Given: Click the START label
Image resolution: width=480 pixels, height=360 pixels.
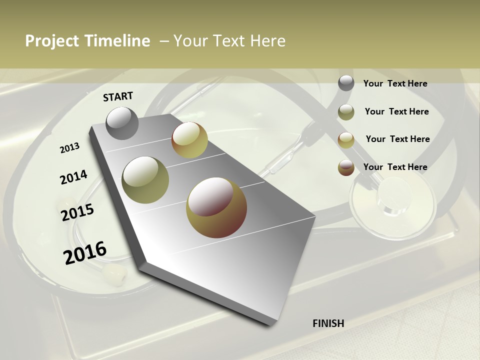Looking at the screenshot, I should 118,96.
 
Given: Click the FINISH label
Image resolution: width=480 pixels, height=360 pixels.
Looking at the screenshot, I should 328,323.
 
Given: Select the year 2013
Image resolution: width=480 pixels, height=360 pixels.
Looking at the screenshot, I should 70,147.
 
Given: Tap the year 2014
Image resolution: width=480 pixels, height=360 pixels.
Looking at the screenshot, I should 73,177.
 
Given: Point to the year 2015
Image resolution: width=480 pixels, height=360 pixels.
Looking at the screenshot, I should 77,212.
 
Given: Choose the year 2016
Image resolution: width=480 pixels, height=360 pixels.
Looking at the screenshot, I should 85,252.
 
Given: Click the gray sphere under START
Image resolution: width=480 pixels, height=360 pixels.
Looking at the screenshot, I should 122,123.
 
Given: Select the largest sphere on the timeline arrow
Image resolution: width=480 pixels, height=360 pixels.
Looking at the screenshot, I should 216,207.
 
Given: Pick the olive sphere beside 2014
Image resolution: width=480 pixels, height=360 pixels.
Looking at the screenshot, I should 145,179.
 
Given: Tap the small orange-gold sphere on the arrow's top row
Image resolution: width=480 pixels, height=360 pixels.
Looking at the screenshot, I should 189,140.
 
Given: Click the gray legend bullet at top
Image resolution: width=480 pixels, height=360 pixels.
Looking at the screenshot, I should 346,83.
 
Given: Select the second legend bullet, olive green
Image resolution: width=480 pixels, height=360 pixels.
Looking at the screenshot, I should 346,112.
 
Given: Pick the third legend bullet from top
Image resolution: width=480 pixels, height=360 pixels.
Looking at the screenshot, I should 346,140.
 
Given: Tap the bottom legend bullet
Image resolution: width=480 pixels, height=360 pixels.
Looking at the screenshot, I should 346,167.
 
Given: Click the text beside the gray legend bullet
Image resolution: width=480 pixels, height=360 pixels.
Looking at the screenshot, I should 395,83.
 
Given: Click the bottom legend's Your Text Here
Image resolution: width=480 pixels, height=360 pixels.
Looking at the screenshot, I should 395,167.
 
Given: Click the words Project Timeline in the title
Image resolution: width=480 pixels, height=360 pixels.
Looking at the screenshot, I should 87,41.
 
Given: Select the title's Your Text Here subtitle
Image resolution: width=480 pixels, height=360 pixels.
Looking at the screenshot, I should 229,41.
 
